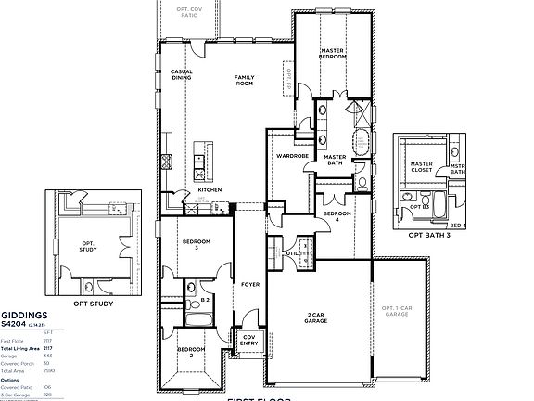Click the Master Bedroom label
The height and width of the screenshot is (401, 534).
(333, 53)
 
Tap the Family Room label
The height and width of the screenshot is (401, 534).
(244, 80)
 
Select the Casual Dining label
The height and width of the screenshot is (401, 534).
(181, 74)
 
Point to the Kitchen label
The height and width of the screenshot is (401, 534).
(210, 190)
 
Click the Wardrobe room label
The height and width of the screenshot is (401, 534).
(292, 156)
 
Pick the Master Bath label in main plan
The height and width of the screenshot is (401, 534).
(335, 161)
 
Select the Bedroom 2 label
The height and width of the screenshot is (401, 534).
(191, 352)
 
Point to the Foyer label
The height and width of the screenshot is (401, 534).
(249, 285)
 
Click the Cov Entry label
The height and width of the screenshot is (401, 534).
(249, 341)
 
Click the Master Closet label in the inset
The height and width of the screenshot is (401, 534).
(422, 168)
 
